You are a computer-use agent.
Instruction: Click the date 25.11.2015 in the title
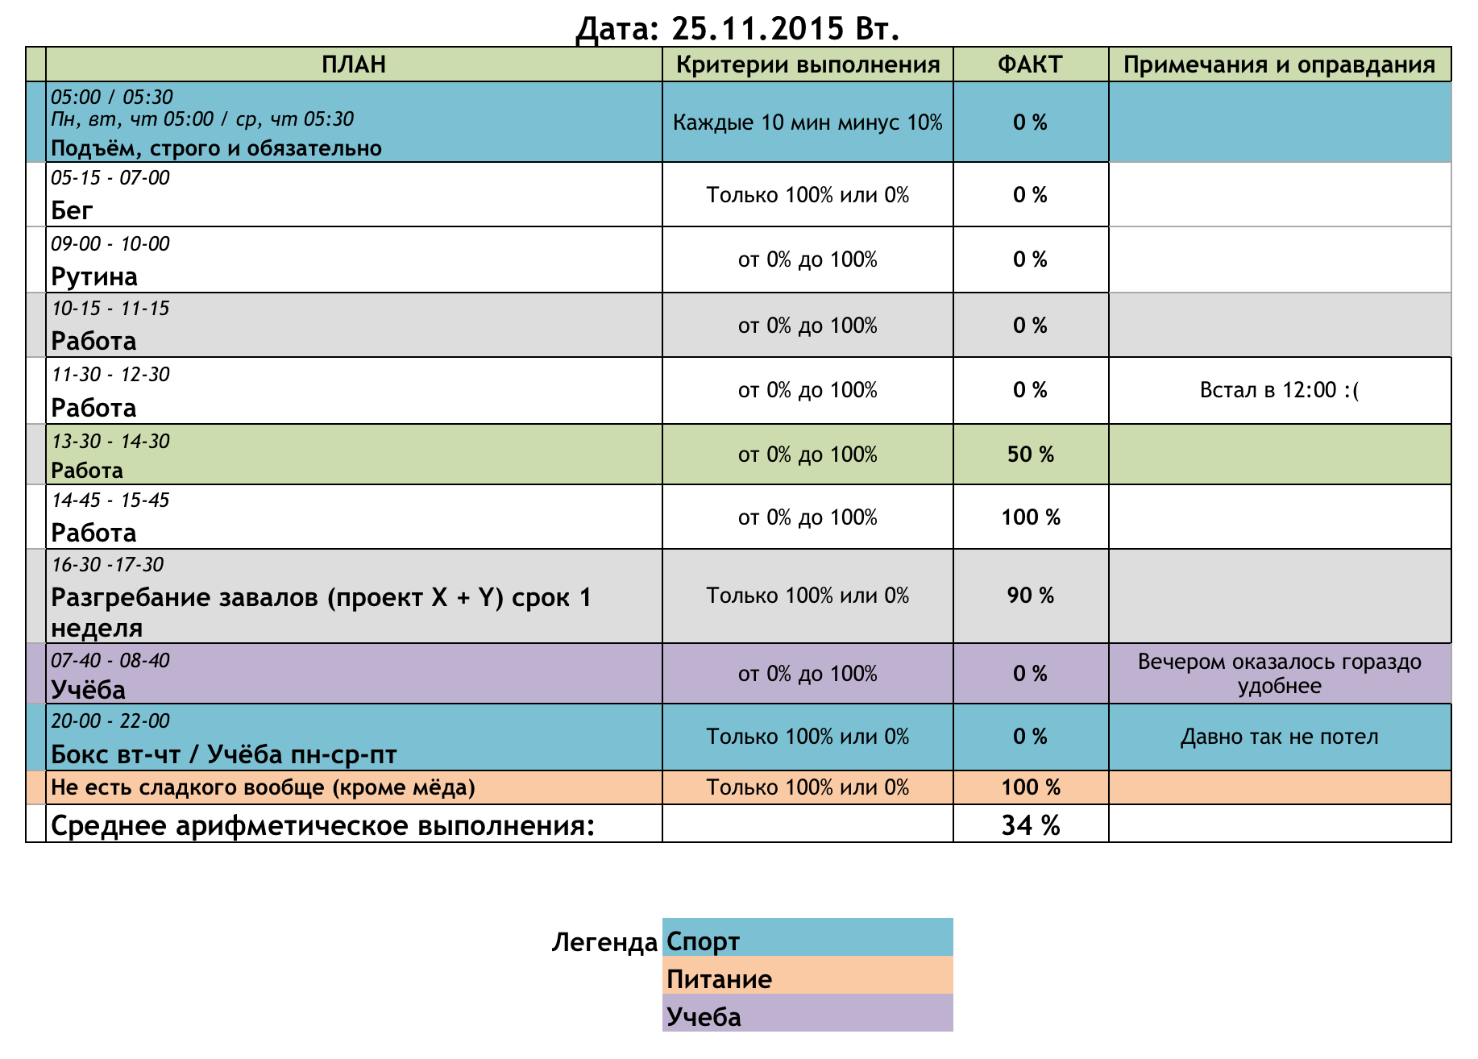(x=758, y=29)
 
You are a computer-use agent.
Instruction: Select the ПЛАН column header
(x=353, y=64)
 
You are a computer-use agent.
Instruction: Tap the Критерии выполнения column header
(x=808, y=64)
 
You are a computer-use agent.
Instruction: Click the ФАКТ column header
(x=1030, y=64)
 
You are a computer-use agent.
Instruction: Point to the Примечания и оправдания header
(x=1279, y=64)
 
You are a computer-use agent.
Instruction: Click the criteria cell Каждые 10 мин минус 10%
(x=808, y=123)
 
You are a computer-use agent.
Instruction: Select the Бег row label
(x=72, y=210)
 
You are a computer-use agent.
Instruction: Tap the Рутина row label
(x=94, y=276)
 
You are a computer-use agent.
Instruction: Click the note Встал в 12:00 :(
(x=1279, y=390)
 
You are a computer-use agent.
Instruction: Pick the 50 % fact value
(x=1030, y=455)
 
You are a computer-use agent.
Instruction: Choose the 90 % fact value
(x=1030, y=596)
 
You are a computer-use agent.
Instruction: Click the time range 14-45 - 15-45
(x=110, y=500)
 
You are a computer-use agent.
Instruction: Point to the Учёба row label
(x=88, y=690)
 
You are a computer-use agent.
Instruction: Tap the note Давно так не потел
(x=1279, y=737)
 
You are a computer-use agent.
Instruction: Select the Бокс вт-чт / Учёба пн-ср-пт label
(x=223, y=754)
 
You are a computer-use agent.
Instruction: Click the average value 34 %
(x=1030, y=825)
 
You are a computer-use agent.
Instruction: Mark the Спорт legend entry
(x=703, y=941)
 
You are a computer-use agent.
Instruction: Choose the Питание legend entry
(x=719, y=979)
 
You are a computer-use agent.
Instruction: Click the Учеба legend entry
(x=704, y=1017)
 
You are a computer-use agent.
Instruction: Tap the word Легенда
(x=604, y=941)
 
